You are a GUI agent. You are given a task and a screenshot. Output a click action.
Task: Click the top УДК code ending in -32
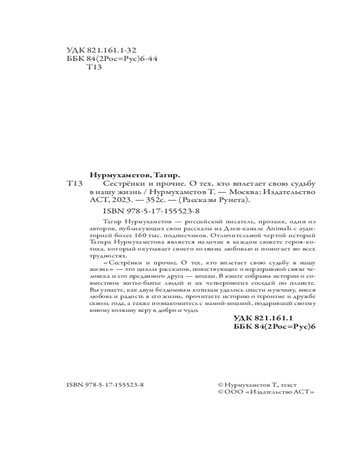[101, 50]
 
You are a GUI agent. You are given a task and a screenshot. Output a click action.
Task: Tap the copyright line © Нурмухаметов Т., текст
[255, 385]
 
